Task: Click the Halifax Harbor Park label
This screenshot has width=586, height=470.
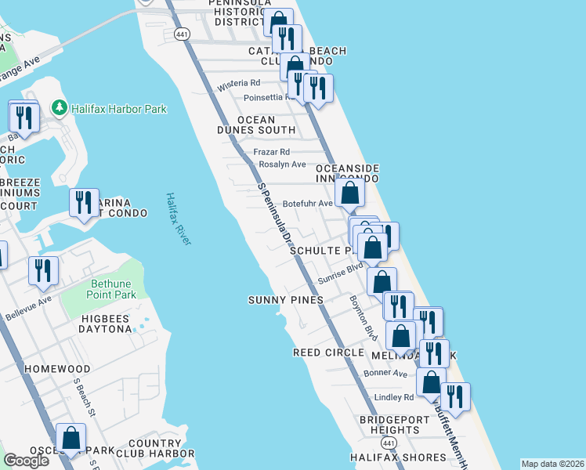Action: pyautogui.click(x=119, y=109)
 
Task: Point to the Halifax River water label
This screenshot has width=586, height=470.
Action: pyautogui.click(x=179, y=220)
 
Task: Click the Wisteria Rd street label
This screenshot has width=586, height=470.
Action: pyautogui.click(x=239, y=83)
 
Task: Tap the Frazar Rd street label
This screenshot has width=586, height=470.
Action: pyautogui.click(x=272, y=151)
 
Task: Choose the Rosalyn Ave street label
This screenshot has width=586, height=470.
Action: pyautogui.click(x=282, y=164)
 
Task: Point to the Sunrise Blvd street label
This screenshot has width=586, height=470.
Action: pyautogui.click(x=341, y=274)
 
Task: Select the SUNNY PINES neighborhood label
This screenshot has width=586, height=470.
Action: pyautogui.click(x=285, y=300)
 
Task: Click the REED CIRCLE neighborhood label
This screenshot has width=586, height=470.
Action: pyautogui.click(x=327, y=352)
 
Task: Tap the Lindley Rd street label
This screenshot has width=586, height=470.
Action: pyautogui.click(x=393, y=398)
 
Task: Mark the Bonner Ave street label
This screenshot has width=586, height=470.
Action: pyautogui.click(x=385, y=374)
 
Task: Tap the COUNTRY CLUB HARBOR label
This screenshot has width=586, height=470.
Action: pyautogui.click(x=155, y=448)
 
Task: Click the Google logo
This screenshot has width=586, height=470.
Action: pyautogui.click(x=26, y=461)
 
